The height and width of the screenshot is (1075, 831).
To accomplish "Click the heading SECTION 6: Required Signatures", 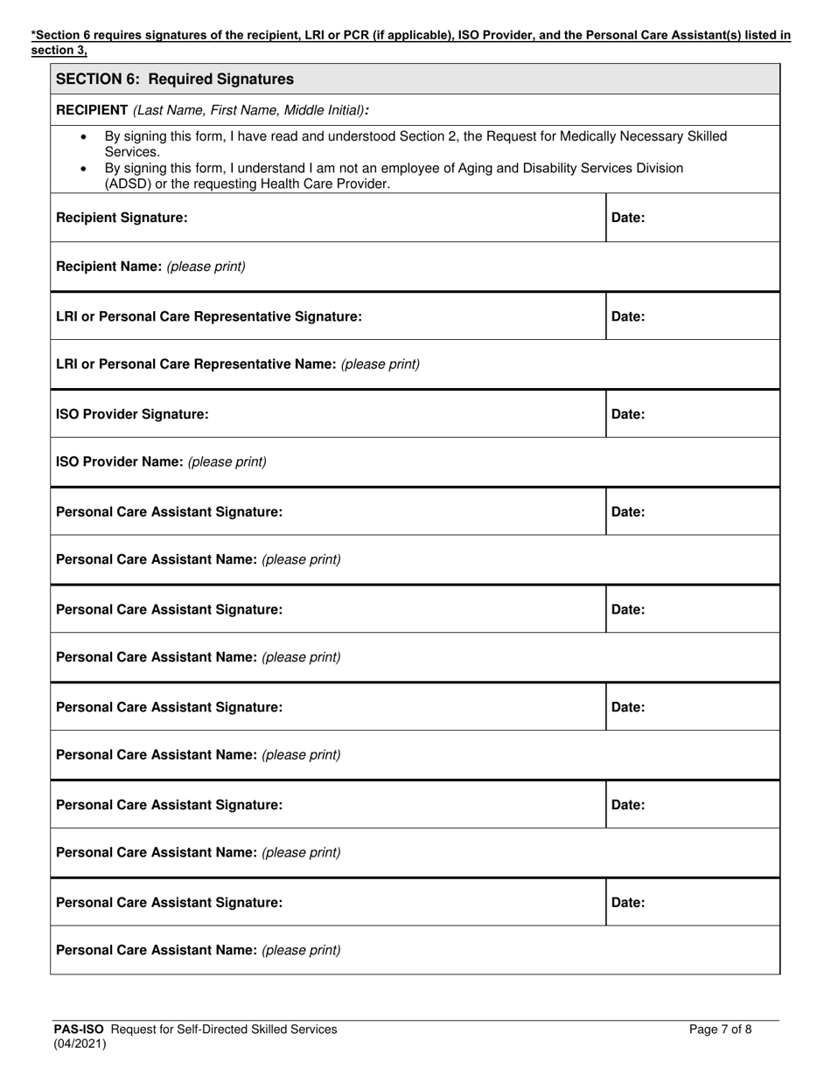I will point(175,80).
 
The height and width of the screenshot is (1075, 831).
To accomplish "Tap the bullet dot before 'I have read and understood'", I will point(84,137).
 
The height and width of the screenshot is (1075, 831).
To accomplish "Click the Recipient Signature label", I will point(122,218).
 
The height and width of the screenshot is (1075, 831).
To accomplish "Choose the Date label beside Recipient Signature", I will point(628,218).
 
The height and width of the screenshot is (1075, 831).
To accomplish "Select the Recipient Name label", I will point(109,267).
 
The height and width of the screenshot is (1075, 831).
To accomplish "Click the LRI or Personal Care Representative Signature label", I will point(208,316).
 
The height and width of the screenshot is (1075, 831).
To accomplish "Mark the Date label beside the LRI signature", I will point(628,316).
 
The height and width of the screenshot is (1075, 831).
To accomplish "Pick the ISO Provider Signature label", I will point(132,414).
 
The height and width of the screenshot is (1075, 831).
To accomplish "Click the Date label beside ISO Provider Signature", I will point(628,414).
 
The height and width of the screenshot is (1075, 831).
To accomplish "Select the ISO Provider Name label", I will point(120,461).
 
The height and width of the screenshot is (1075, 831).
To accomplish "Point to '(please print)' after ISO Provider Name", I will point(227,461).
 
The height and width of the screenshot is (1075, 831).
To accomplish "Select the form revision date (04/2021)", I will point(80,1044).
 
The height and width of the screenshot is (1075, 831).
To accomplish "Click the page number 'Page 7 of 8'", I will point(720,1030).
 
